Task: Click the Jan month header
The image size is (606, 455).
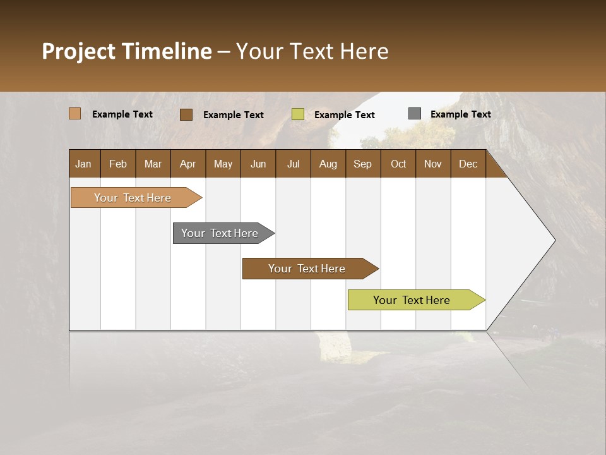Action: (83, 164)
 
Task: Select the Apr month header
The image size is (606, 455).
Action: (188, 164)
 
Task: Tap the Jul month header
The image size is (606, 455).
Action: (293, 164)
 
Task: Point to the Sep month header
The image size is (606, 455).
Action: (362, 164)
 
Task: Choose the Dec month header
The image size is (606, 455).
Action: (468, 164)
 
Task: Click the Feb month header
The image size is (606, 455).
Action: (118, 164)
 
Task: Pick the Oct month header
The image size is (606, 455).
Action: (398, 164)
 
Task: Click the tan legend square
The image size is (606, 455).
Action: (75, 114)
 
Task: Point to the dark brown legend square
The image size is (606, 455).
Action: (186, 114)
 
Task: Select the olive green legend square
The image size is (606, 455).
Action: (298, 114)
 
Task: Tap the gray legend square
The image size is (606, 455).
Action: (415, 114)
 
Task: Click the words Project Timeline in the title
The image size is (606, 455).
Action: (127, 51)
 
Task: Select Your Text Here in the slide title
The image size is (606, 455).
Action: (312, 51)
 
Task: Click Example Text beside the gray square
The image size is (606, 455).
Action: (461, 114)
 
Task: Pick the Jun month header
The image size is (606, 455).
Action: (258, 164)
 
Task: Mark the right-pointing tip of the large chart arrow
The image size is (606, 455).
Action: (554, 240)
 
